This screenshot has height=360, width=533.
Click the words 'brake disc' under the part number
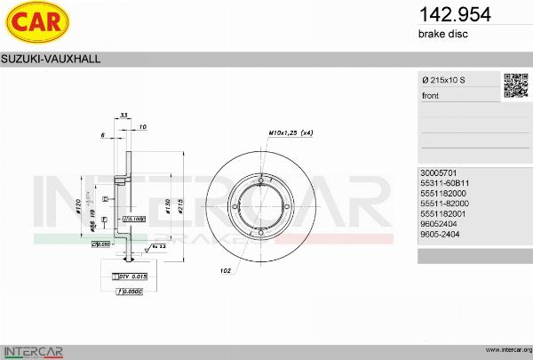coord(442,34)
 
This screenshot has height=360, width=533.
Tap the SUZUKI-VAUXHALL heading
coord(51,58)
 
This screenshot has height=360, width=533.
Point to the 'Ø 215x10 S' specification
coord(443,81)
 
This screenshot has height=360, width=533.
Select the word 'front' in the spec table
coord(431,95)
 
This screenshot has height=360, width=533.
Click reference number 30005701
coord(438,172)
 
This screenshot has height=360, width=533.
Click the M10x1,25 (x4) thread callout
coord(290,132)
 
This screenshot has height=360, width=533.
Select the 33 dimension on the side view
coord(124,116)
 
